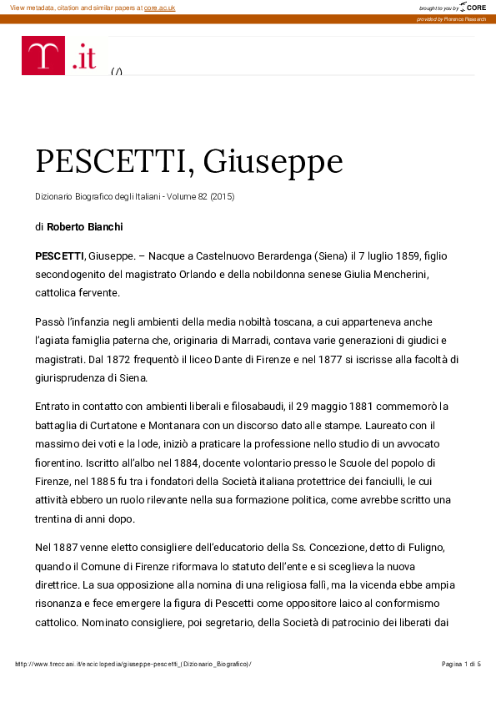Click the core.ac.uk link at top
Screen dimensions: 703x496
tap(159, 7)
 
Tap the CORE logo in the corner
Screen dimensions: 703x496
tap(473, 7)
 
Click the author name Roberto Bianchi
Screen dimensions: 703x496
tap(87, 226)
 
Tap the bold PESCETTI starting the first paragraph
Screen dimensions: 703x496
tap(59, 254)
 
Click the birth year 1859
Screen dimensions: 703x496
tap(400, 254)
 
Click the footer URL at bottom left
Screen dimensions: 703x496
tap(133, 664)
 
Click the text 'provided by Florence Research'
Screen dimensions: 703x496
tap(451, 18)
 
